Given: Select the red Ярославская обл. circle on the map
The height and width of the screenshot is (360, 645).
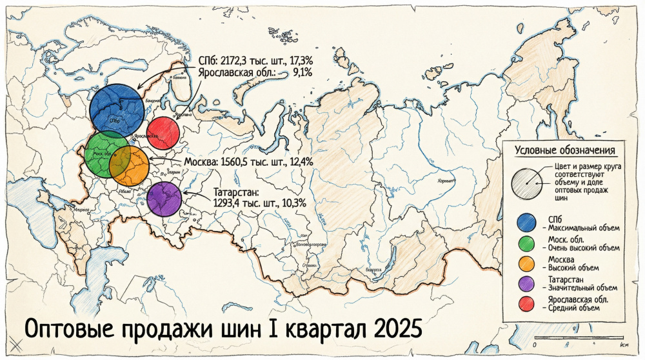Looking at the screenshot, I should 163,134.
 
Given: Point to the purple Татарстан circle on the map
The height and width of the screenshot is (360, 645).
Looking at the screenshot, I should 163,198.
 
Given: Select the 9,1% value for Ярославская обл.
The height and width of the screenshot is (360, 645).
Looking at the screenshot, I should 302,73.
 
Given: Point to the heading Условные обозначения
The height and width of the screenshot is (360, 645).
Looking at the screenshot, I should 566,150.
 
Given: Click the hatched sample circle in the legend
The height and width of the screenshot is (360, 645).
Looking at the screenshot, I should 527,183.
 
